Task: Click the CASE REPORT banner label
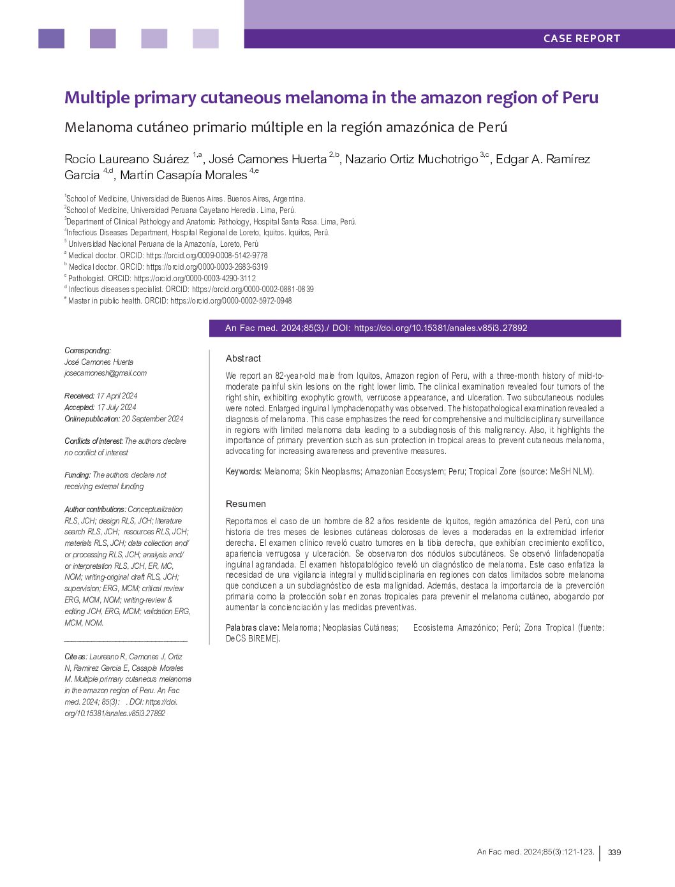coord(581,38)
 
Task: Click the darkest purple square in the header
coord(51,38)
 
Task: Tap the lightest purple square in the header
coord(205,38)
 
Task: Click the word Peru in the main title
coord(580,98)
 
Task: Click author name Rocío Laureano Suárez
coord(126,159)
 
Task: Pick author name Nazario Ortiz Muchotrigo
coord(411,159)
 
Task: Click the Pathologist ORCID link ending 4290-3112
coord(195,278)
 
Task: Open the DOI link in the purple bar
coord(440,328)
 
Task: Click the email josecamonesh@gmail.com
coord(105,373)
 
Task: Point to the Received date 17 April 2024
coord(117,396)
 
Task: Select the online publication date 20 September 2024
coord(152,419)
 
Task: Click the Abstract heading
coord(243,358)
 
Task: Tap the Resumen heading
coord(246,504)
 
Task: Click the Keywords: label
coord(243,471)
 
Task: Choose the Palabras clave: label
coord(252,627)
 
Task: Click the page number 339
coord(614,853)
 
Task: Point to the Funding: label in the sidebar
coord(77,475)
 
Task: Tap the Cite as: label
coord(76,657)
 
